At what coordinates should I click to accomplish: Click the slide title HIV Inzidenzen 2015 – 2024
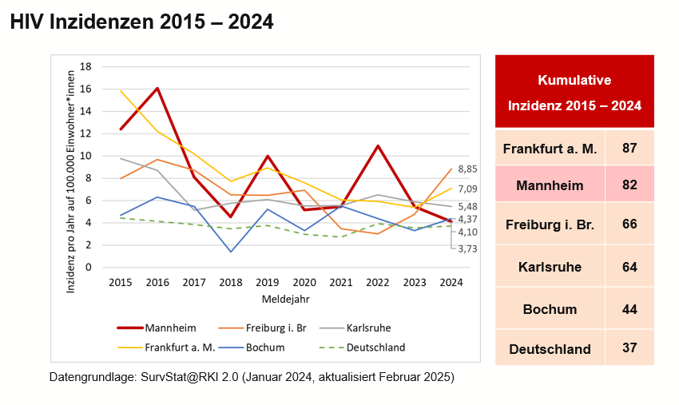[141, 22]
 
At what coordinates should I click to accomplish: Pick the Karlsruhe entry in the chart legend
[363, 328]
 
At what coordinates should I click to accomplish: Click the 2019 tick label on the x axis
[268, 283]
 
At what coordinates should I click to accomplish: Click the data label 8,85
[467, 169]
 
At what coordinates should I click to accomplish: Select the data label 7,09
[467, 189]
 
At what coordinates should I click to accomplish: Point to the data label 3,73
[467, 248]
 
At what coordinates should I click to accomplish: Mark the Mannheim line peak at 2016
[157, 89]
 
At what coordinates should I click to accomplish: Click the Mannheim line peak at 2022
[378, 146]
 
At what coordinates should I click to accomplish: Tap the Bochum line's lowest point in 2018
[231, 252]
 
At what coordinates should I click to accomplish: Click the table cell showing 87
[629, 149]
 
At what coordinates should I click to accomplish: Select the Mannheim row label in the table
[550, 185]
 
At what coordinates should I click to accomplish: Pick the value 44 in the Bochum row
[629, 309]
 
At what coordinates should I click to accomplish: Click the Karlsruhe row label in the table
[550, 267]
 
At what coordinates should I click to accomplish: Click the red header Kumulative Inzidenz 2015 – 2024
[574, 93]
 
